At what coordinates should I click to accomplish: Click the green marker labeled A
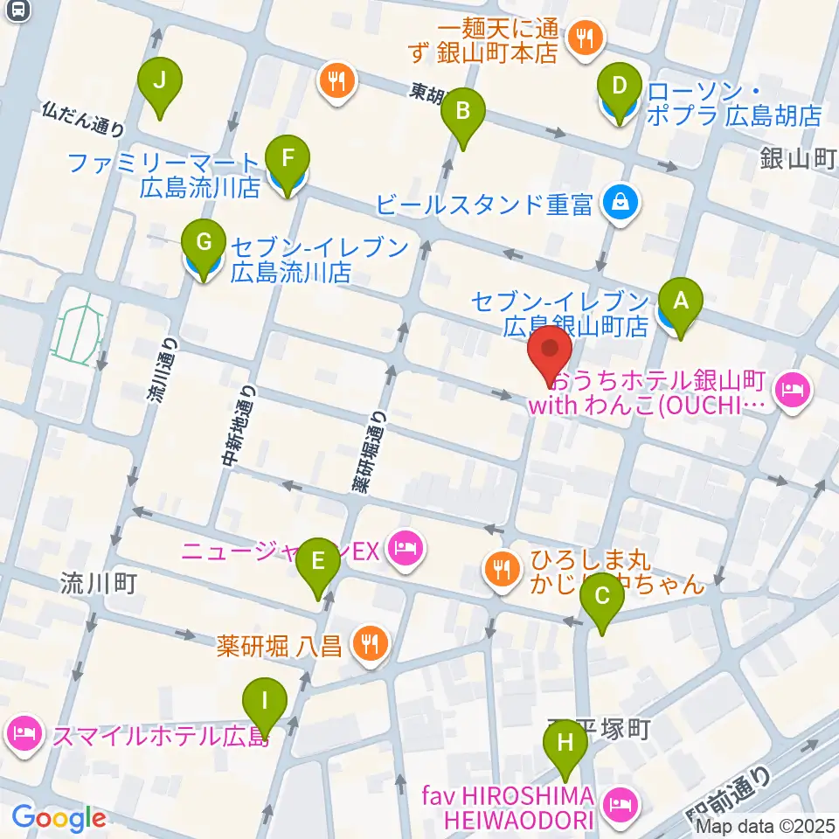point(681,302)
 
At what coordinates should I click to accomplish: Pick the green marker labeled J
point(159,82)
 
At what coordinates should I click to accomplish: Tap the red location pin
point(551,358)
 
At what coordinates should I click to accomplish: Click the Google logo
point(59,818)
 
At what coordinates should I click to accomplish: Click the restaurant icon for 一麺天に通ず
point(581,38)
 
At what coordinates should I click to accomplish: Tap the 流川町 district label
point(99,583)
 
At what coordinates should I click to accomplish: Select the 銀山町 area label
point(798,159)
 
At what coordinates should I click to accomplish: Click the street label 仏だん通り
point(82,119)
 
